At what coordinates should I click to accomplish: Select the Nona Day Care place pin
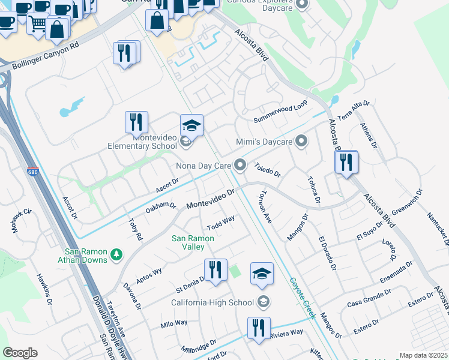click(241, 164)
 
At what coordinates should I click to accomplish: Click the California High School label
click(213, 302)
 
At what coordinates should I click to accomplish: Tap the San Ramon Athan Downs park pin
click(116, 256)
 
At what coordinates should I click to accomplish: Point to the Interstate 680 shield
click(32, 172)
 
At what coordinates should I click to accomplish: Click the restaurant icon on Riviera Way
click(259, 328)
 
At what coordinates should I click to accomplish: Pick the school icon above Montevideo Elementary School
click(191, 125)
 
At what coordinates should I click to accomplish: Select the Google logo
click(20, 353)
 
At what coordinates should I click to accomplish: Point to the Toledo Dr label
click(267, 170)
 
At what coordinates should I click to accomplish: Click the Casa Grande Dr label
click(369, 298)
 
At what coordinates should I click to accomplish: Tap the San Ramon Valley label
click(193, 242)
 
